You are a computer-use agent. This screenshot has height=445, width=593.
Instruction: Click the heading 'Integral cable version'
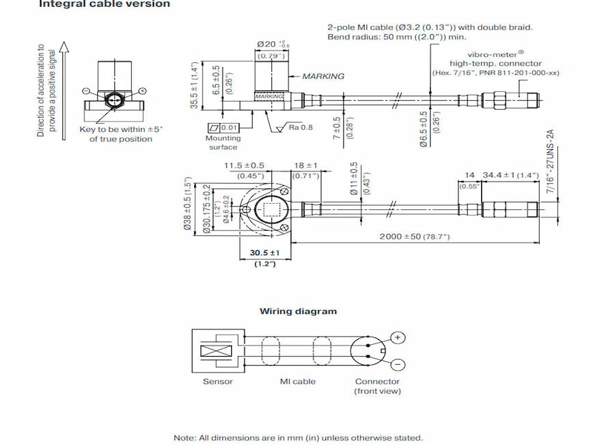tap(104, 4)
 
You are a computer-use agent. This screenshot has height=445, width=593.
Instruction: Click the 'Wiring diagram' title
tap(298, 311)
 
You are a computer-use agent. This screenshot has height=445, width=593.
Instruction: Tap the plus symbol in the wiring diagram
tap(398, 338)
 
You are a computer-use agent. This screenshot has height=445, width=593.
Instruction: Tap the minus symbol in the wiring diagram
tap(398, 365)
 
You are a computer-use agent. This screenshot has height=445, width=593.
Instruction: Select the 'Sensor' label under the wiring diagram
tap(218, 382)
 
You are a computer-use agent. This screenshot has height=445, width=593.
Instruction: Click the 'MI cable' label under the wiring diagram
tap(297, 382)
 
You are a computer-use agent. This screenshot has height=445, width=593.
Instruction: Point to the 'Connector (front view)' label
tap(377, 386)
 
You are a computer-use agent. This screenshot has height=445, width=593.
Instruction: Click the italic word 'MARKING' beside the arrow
tap(323, 76)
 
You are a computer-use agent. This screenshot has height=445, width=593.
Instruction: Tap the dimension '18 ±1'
tap(305, 165)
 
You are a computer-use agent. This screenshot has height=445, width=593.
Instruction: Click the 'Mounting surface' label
tap(222, 142)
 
